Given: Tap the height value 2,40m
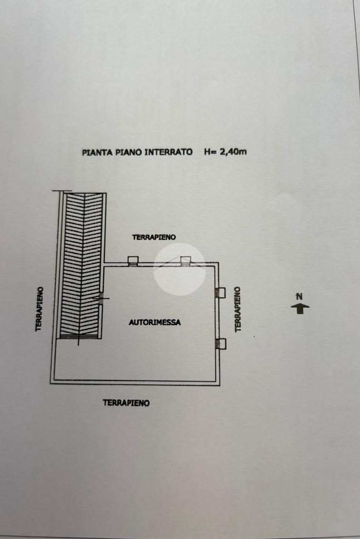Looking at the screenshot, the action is pyautogui.click(x=233, y=152).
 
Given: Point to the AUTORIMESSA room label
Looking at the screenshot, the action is pyautogui.click(x=154, y=322).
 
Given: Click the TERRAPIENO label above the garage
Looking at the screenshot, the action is pyautogui.click(x=154, y=238).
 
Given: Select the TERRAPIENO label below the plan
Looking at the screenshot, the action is pyautogui.click(x=126, y=403).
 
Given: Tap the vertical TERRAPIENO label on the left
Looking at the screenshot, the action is pyautogui.click(x=39, y=309).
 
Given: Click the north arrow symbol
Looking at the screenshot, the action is pyautogui.click(x=300, y=308).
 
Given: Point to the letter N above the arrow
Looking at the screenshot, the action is pyautogui.click(x=299, y=297).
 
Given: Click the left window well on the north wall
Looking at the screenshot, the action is pyautogui.click(x=133, y=260).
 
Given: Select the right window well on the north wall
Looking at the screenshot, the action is pyautogui.click(x=186, y=260).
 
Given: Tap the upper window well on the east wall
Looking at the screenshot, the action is pyautogui.click(x=220, y=292).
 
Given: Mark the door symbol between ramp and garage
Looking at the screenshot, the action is pyautogui.click(x=100, y=298).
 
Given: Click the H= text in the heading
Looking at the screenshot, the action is pyautogui.click(x=210, y=152).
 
